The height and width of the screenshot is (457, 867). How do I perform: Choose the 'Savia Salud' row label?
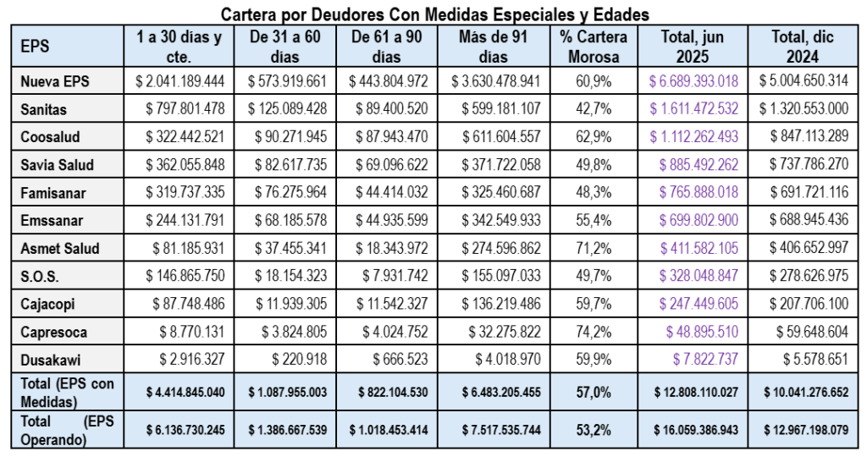click(x=58, y=165)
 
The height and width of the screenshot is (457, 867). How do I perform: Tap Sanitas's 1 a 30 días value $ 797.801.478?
click(x=179, y=109)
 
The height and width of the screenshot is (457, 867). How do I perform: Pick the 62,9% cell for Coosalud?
click(x=593, y=137)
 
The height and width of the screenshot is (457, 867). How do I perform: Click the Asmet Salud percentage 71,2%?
click(x=593, y=248)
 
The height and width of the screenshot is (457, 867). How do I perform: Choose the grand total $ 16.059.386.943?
click(x=695, y=430)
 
